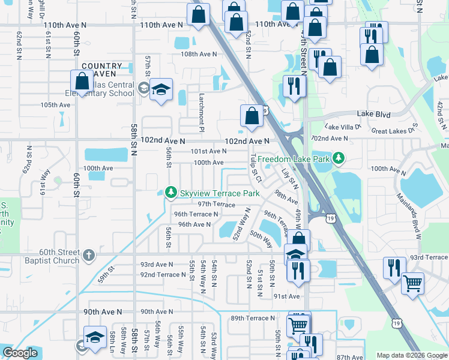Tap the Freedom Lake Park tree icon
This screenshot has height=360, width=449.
340,158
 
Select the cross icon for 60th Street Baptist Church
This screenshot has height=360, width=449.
88,256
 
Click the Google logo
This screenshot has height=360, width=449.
20,353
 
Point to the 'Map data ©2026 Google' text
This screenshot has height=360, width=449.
411,355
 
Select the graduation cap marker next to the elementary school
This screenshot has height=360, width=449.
161,89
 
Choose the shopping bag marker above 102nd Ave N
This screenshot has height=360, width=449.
251,115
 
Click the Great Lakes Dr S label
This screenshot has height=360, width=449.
394,130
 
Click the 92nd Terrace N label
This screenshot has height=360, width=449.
163,275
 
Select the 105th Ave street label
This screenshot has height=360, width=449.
56,105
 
